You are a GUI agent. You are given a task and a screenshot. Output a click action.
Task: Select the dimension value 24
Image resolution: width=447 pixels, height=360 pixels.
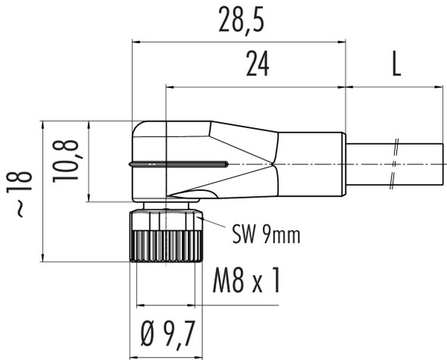(x=258, y=66)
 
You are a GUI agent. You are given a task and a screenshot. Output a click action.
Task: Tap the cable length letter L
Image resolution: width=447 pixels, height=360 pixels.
(x=395, y=66)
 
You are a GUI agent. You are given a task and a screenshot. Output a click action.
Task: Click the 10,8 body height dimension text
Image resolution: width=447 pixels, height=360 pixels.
(x=67, y=160)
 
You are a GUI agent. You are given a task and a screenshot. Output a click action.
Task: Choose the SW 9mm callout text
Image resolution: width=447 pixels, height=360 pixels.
(x=265, y=235)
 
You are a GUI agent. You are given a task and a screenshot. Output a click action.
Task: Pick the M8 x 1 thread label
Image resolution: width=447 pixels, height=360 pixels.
(x=246, y=282)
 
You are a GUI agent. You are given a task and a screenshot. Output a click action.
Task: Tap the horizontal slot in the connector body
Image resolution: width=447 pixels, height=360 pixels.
(x=179, y=163)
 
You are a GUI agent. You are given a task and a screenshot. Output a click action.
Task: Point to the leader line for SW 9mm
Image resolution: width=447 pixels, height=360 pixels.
(x=214, y=224)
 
